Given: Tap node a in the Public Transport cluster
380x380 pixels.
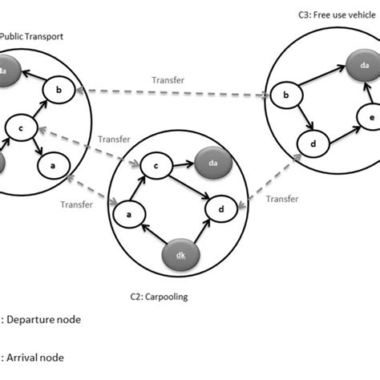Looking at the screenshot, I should [x=54, y=166].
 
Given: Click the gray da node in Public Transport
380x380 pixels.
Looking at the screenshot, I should [x=6, y=71].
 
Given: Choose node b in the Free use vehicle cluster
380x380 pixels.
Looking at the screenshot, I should [x=286, y=97].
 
